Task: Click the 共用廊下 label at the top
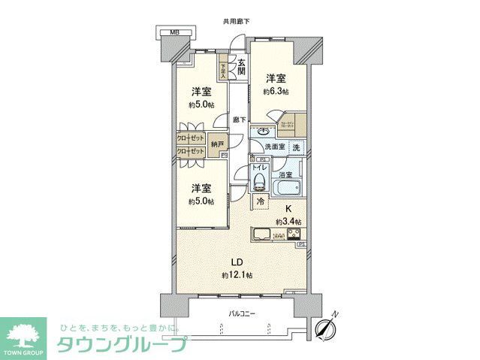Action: click(236, 22)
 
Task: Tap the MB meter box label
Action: click(174, 33)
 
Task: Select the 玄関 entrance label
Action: click(240, 67)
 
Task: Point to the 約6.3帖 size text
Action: click(276, 91)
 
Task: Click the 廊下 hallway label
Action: click(239, 119)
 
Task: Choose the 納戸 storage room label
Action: click(217, 143)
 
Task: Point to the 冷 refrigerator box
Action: click(260, 201)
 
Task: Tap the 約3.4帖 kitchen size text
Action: click(288, 222)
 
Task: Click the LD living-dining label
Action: click(236, 262)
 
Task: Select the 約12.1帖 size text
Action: click(237, 276)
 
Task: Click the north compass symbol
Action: click(326, 328)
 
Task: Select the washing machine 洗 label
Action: click(297, 147)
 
